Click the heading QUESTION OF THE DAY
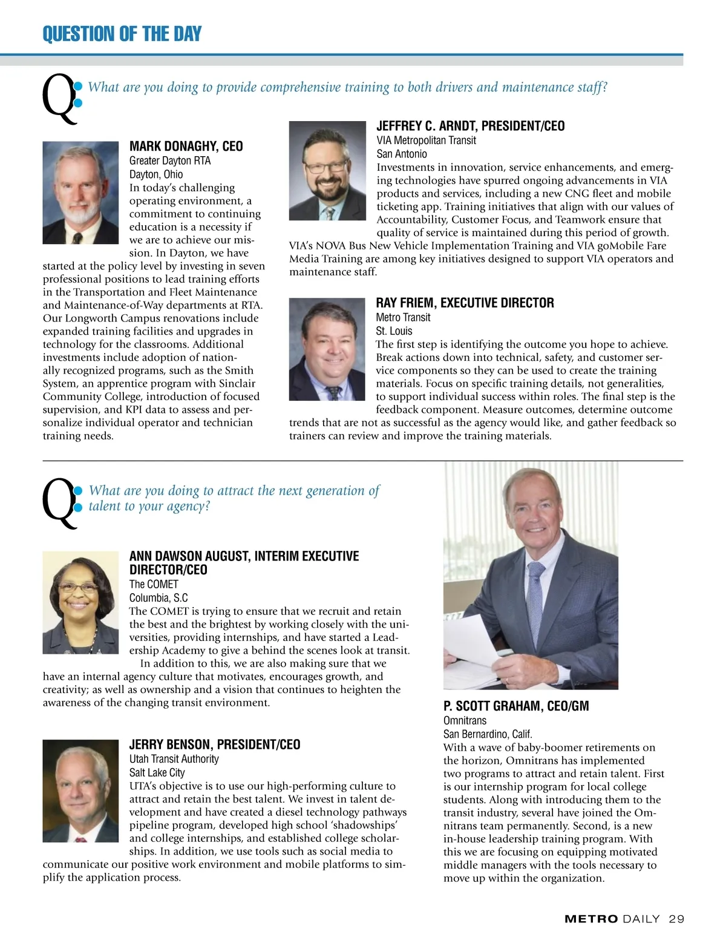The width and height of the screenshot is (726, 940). (122, 34)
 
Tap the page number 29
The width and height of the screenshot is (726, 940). (676, 919)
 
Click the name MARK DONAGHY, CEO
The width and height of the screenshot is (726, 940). (186, 146)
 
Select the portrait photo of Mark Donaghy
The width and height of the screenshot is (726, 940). (80, 192)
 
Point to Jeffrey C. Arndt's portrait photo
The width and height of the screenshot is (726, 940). (327, 171)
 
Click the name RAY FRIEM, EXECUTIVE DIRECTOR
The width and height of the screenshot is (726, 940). (465, 303)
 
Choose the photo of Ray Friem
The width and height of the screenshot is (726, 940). (327, 349)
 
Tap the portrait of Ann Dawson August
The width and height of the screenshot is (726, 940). (80, 602)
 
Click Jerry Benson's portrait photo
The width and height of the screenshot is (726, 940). (80, 790)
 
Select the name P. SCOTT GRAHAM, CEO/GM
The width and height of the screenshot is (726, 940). (515, 706)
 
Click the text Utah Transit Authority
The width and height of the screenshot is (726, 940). (174, 759)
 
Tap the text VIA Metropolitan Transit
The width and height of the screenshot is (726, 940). (426, 140)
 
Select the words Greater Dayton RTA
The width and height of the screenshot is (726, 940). (170, 161)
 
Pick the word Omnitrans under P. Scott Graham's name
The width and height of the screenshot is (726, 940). (465, 720)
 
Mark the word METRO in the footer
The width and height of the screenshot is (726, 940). (591, 919)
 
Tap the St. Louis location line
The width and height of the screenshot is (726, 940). (394, 331)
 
